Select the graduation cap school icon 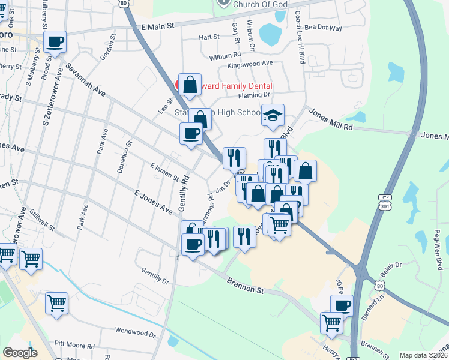(x=273, y=115)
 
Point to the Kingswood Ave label (x=250, y=63)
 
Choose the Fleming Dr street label (x=255, y=95)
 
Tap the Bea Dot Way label (x=323, y=28)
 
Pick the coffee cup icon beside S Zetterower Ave (x=55, y=43)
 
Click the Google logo (x=20, y=353)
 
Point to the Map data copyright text (x=424, y=355)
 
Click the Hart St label (x=209, y=37)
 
